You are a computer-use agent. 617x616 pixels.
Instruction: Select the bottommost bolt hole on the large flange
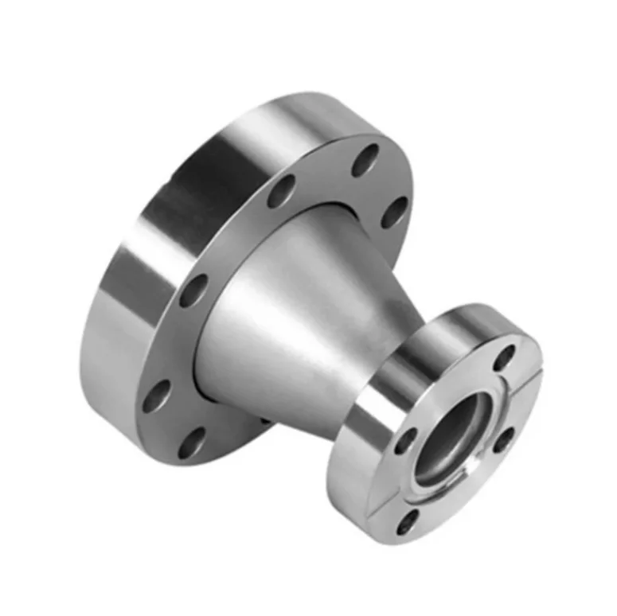tap(190, 442)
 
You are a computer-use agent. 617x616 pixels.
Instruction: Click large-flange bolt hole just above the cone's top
tap(281, 191)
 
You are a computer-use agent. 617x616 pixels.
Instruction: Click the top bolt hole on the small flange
tap(504, 357)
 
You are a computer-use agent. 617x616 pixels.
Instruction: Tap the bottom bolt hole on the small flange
tap(408, 521)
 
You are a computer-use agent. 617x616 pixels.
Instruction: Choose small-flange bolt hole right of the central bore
tap(503, 439)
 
